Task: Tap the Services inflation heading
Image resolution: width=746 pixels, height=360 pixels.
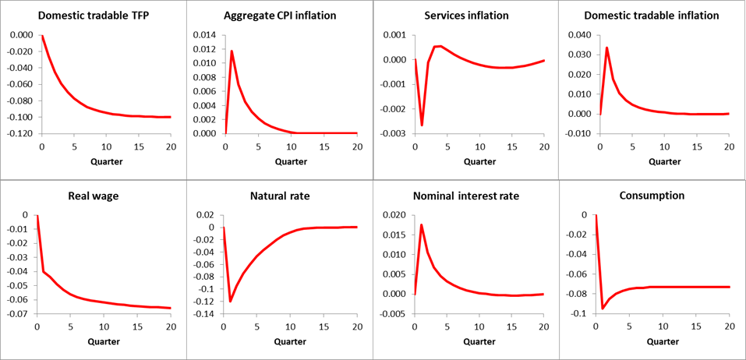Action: coord(466,16)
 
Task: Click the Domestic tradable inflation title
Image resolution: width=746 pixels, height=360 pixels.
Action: coord(652,16)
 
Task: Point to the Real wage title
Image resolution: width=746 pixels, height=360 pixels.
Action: coord(93,196)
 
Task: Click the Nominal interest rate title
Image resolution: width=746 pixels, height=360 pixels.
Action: coord(466,196)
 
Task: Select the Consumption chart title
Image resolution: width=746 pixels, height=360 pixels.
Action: coord(652,196)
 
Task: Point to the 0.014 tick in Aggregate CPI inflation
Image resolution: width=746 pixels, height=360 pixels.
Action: coord(205,36)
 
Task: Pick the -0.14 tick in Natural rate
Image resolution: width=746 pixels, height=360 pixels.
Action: coord(206,314)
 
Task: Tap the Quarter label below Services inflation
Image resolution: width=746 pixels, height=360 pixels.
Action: coord(478,161)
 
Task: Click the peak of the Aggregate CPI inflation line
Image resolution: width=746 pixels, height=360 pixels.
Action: coord(232,51)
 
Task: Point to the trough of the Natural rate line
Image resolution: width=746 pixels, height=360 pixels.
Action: coord(231,301)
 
